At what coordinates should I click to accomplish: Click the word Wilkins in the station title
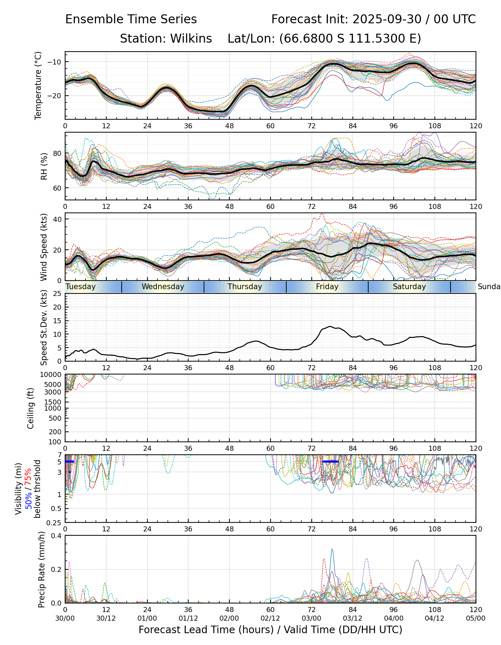click(x=191, y=38)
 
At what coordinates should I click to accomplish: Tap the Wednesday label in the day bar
click(x=163, y=287)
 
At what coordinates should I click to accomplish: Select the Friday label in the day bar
click(x=327, y=287)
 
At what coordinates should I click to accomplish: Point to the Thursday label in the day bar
click(x=245, y=287)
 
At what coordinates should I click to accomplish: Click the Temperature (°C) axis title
click(x=38, y=85)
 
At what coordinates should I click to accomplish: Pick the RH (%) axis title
click(x=44, y=166)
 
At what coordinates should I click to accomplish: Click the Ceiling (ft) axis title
click(x=31, y=408)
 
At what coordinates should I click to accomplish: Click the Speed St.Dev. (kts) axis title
click(x=44, y=328)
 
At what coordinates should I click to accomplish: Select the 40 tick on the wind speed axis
click(x=58, y=219)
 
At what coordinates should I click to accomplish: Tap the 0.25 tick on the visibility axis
click(x=55, y=522)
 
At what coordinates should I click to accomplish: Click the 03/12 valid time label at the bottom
click(x=353, y=618)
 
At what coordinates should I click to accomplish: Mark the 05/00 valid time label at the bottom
click(x=476, y=618)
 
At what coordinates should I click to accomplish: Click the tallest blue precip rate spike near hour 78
click(x=332, y=550)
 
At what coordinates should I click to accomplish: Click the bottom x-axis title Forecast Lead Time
click(x=270, y=630)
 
